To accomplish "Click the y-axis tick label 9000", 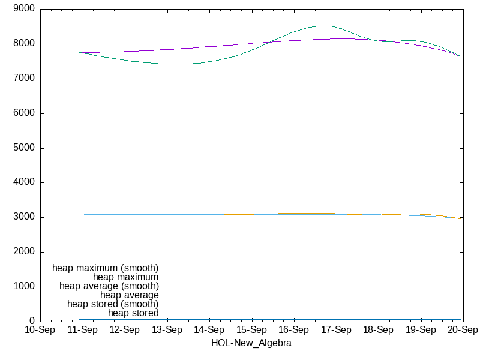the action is click(24, 8).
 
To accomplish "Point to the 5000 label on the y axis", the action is click(24, 148).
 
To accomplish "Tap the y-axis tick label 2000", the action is click(24, 251).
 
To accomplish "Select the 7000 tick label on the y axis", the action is click(24, 78).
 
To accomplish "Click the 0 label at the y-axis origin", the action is click(32, 321).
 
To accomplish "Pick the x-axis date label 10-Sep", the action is click(40, 330).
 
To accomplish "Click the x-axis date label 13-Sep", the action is click(167, 330).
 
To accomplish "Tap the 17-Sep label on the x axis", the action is click(336, 330).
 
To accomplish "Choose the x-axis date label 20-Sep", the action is click(463, 330).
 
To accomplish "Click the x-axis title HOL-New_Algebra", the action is click(251, 343).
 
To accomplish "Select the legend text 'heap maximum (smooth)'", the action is click(106, 268).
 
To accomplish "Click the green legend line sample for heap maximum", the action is click(177, 278).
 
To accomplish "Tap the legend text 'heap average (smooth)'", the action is click(109, 286).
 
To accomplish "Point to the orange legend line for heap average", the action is click(177, 296).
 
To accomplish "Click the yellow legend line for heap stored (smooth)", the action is click(177, 305).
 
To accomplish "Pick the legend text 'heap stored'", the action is click(133, 313).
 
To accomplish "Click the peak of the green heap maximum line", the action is click(324, 26).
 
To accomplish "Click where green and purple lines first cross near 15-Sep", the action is click(269, 42).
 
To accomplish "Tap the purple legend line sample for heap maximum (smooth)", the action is click(177, 269).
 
